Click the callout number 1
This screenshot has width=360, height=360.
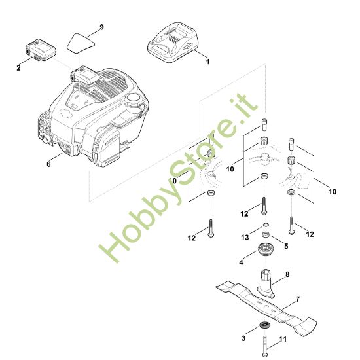tap(208, 62)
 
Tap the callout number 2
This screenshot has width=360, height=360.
tap(18, 67)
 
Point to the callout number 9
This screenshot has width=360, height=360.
tap(101, 27)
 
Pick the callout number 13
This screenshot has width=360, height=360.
tap(245, 236)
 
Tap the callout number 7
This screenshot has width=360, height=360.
tap(298, 300)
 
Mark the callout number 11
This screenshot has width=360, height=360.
tap(283, 340)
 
